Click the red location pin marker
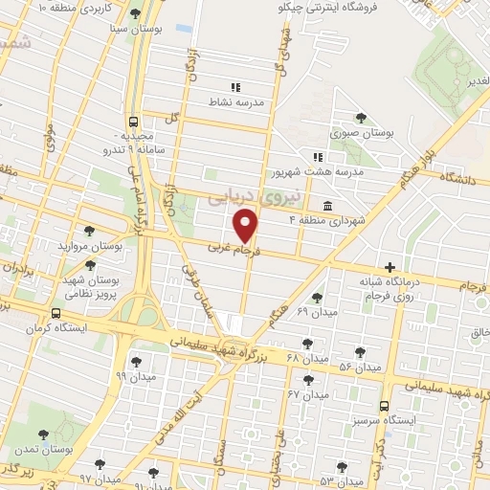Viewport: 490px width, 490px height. [247, 226]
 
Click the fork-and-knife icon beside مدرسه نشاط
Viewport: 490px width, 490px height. [235, 87]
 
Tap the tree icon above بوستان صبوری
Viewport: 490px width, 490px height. [360, 118]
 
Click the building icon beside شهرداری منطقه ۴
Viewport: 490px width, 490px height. [327, 206]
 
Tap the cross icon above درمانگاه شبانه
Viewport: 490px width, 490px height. [389, 266]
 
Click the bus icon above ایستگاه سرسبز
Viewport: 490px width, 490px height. [384, 406]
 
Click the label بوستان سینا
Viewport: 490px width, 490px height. [135, 29]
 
